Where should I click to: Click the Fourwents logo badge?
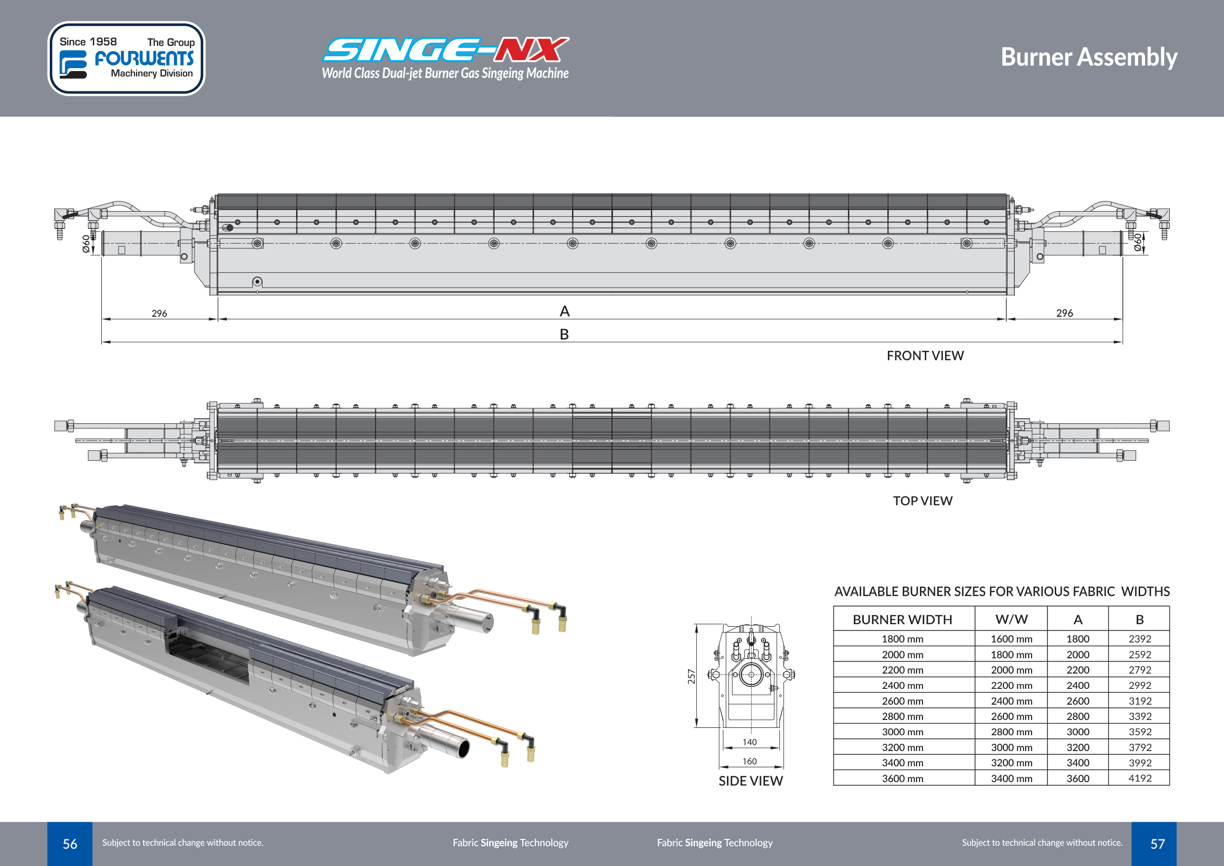tap(126, 59)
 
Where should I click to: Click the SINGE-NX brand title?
tap(446, 50)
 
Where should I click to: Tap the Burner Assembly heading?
tap(1089, 57)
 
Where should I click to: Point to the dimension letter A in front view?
tap(565, 311)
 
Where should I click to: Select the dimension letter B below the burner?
tap(564, 335)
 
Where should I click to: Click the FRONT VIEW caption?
tap(925, 356)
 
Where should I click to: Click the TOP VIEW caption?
tap(922, 501)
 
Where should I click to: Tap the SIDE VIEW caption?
tap(750, 781)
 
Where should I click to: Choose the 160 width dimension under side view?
tap(749, 761)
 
